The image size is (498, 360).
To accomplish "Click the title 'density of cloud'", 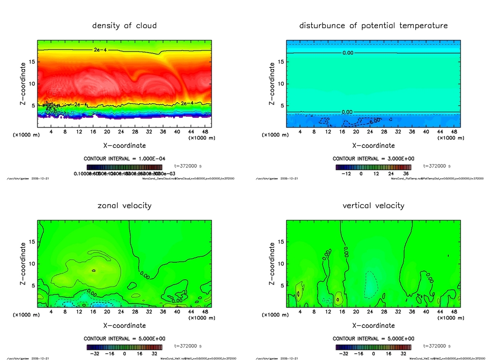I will pyautogui.click(x=124, y=26).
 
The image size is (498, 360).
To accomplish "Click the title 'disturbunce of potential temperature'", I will pyautogui.click(x=373, y=26).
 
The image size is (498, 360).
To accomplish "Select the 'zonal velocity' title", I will pyautogui.click(x=124, y=206).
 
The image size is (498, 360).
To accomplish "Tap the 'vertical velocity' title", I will pyautogui.click(x=373, y=206).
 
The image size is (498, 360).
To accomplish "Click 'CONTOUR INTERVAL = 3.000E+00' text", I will pyautogui.click(x=373, y=159).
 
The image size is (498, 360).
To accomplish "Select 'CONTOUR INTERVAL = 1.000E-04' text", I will pyautogui.click(x=124, y=159).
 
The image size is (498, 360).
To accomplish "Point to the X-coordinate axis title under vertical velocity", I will pyautogui.click(x=373, y=325).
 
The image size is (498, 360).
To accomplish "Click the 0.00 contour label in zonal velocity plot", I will pyautogui.click(x=177, y=301).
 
